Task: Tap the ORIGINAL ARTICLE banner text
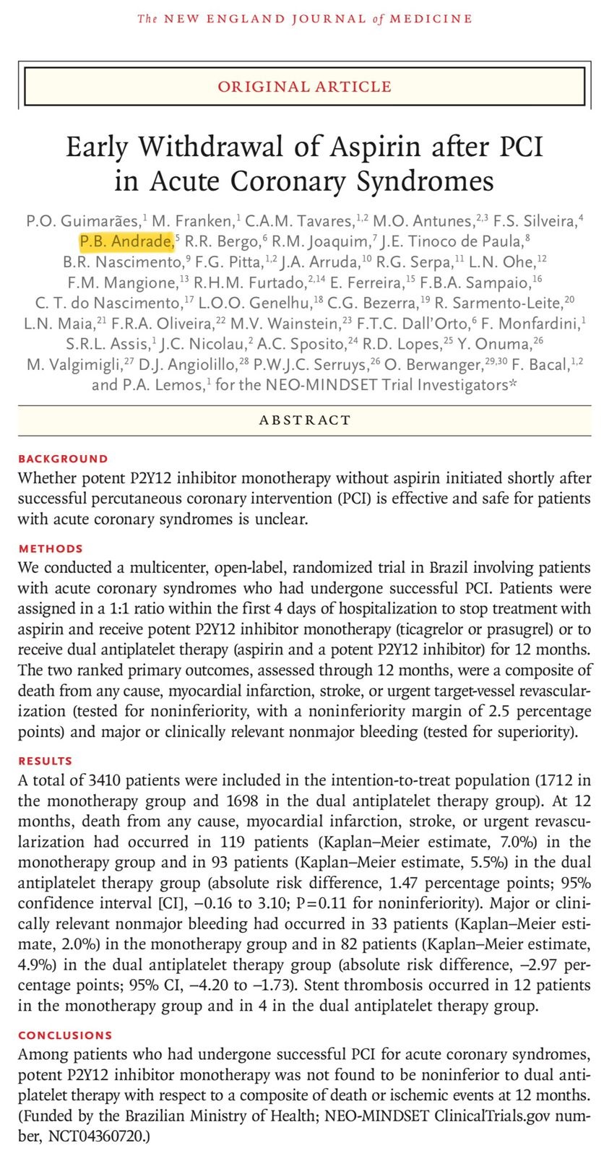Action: click(304, 87)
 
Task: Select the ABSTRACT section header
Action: click(304, 420)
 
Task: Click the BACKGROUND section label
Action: click(63, 459)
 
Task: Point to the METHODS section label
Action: click(51, 548)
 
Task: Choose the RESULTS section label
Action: click(46, 761)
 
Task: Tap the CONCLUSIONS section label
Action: click(65, 1035)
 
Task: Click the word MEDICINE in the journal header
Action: click(431, 19)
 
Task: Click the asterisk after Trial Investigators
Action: click(513, 384)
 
